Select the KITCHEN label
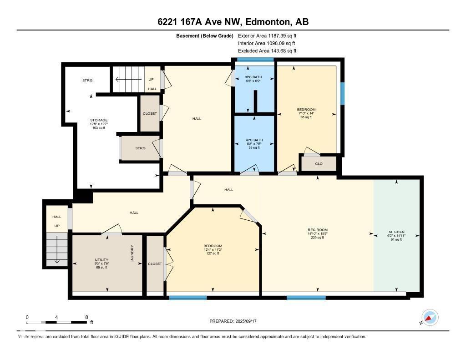[396, 232]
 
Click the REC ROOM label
[317, 230]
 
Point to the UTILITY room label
[101, 260]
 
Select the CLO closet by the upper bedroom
[319, 163]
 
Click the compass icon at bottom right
[430, 317]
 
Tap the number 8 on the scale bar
[86, 317]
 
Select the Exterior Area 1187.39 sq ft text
[267, 35]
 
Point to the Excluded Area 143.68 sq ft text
[267, 51]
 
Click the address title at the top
[233, 22]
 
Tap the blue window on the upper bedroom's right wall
[343, 93]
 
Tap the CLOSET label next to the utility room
[155, 264]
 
